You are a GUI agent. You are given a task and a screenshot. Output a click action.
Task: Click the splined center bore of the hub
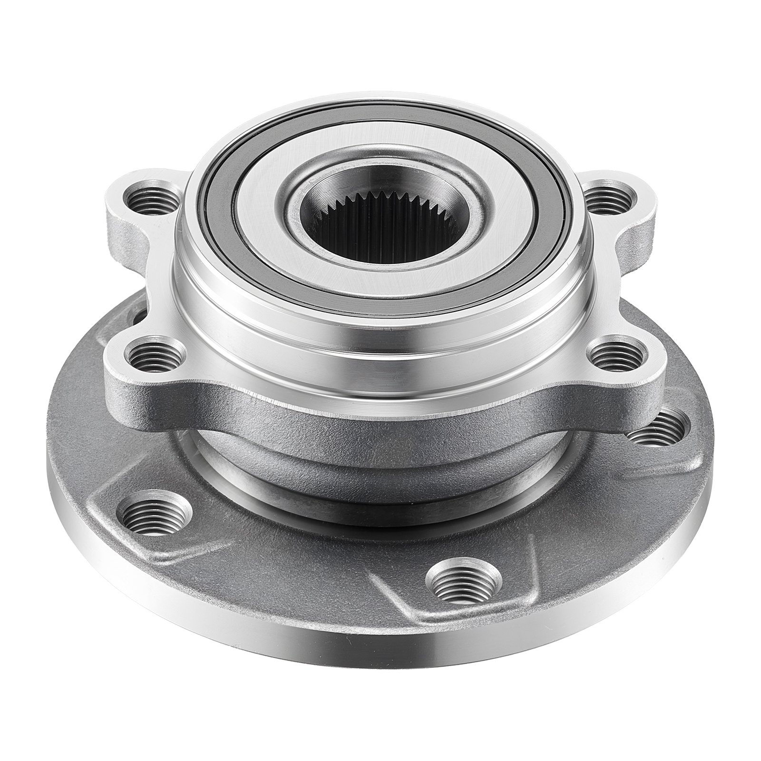click(380, 228)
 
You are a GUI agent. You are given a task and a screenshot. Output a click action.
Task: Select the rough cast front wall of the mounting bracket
click(380, 419)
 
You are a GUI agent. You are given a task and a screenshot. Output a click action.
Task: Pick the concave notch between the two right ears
click(637, 276)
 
